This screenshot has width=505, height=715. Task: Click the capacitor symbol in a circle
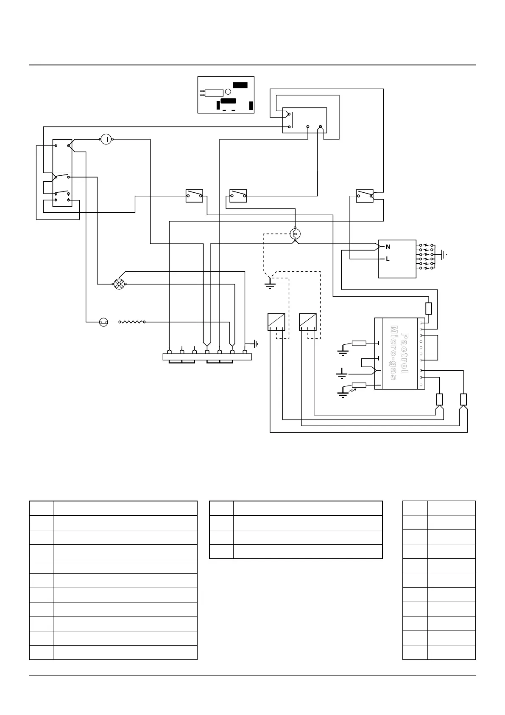click(106, 139)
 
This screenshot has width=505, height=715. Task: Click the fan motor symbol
click(119, 284)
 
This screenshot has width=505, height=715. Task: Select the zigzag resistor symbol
click(132, 322)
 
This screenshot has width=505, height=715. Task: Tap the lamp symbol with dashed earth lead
click(295, 233)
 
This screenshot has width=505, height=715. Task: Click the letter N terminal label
click(388, 247)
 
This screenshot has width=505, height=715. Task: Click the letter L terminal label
click(388, 259)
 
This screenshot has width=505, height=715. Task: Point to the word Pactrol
click(405, 353)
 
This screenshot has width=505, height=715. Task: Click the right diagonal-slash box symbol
click(307, 322)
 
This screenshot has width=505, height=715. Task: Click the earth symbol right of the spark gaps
click(443, 255)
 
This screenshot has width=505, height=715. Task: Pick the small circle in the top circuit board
click(228, 91)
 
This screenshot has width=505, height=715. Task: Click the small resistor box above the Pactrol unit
click(429, 308)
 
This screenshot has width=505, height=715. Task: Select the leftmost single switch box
click(194, 196)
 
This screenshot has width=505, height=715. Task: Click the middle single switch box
click(238, 196)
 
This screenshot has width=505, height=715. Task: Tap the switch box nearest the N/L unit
click(364, 196)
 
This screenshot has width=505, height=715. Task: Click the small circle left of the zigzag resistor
click(103, 322)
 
